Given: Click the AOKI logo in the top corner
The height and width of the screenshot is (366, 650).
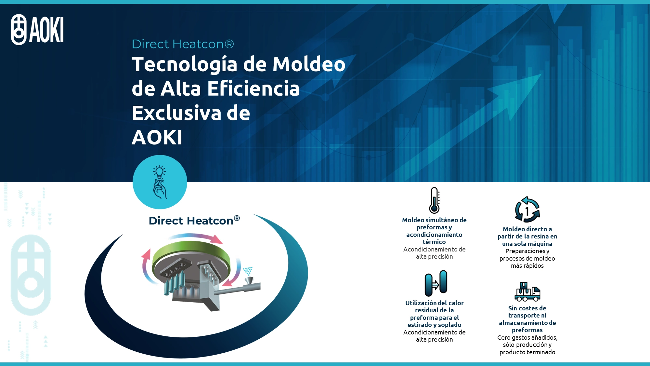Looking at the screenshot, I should coord(37,30).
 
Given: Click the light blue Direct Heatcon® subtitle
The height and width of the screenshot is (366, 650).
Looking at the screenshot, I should coord(183,44).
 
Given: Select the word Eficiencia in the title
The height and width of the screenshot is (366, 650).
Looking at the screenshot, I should coord(253,89).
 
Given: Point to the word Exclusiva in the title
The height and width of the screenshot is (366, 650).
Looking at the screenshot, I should coord(176,113).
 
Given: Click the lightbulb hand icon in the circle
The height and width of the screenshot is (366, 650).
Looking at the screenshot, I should coord(160,182).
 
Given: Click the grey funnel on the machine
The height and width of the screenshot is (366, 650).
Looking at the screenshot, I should coord(249,279).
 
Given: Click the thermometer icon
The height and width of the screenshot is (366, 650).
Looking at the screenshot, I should coord(434,200).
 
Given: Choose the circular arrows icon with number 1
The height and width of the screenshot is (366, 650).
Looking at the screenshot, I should coord(527,210).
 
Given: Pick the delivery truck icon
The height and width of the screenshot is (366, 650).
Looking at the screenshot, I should coord(527,291).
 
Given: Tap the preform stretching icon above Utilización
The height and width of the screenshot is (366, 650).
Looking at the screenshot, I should coord(436,283).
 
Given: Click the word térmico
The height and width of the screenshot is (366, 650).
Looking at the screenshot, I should coord(434,242).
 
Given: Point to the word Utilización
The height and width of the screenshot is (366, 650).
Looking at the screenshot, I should coord(421,303).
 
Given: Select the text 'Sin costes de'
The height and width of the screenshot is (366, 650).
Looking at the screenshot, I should coord(527,308).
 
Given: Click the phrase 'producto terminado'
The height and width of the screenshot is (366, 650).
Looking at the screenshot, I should coord(527,352).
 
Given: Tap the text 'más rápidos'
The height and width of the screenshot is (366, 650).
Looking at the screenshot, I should coord(527,266).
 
